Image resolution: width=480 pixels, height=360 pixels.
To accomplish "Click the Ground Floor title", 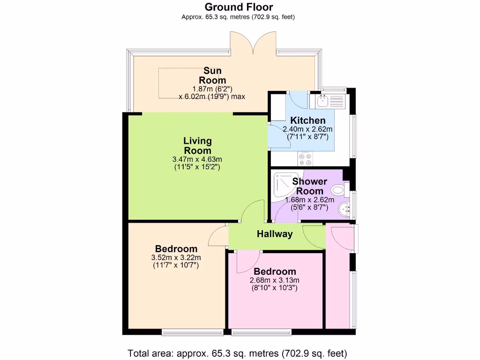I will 239,7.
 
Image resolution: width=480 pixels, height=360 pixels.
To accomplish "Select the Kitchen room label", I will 307,120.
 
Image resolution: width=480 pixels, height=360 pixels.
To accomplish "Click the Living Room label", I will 197,145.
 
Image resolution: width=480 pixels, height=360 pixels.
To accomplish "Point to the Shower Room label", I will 309,186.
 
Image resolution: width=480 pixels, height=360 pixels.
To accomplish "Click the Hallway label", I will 275,234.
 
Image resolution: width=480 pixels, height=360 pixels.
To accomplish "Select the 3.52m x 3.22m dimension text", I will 176,258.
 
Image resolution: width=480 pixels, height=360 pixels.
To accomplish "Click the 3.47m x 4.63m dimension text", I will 197,159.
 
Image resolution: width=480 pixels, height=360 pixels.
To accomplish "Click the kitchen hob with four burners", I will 305,158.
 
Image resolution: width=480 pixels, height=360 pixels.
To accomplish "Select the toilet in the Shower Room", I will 338,190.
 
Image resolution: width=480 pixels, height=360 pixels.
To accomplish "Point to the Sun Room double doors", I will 253,43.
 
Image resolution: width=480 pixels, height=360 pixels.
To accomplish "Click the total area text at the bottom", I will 237,353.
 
